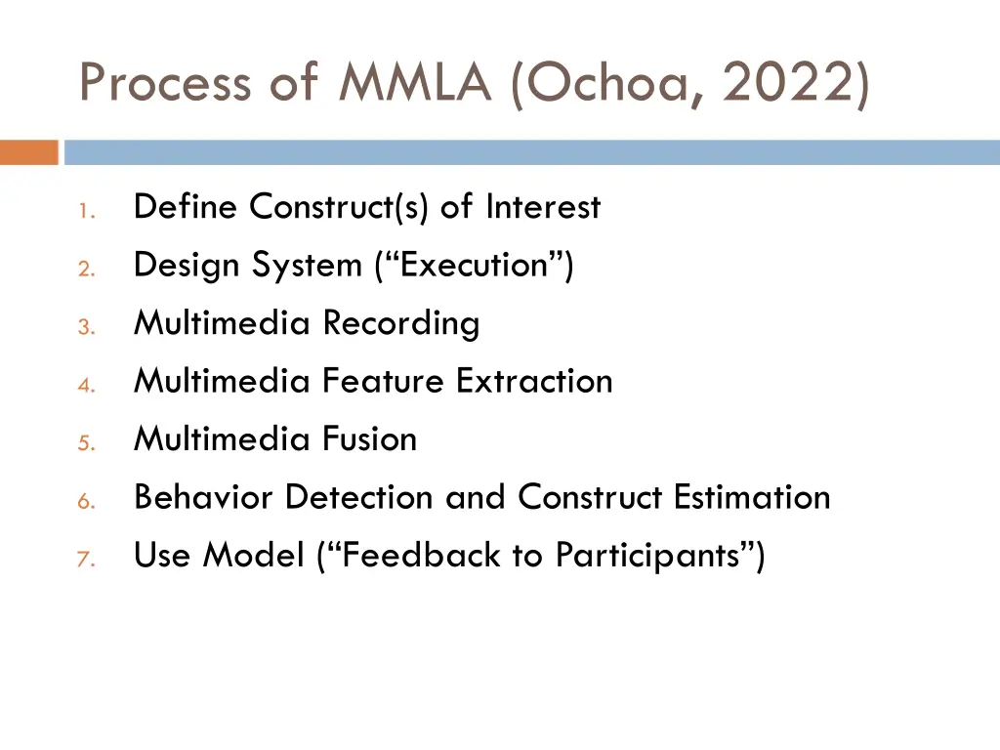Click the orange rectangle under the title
pyautogui.click(x=29, y=152)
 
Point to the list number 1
pyautogui.click(x=86, y=210)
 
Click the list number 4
pyautogui.click(x=86, y=384)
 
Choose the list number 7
pyautogui.click(x=86, y=559)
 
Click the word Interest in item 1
pyautogui.click(x=543, y=207)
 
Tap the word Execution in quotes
pyautogui.click(x=473, y=266)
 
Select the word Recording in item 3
pyautogui.click(x=401, y=323)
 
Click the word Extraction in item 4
pyautogui.click(x=534, y=381)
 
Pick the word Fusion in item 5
pyautogui.click(x=369, y=439)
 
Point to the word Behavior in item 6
pyautogui.click(x=204, y=497)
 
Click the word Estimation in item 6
pyautogui.click(x=752, y=497)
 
